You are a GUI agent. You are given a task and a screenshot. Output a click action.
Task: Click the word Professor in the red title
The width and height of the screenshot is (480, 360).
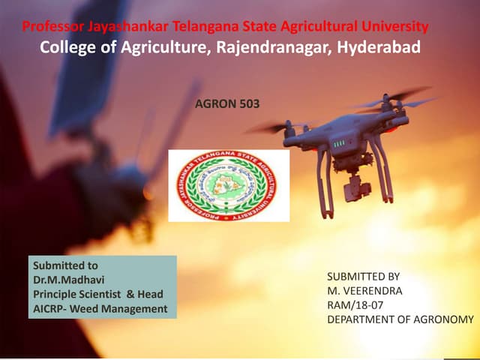(x=53, y=28)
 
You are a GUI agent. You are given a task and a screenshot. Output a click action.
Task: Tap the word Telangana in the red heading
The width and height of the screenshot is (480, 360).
(x=202, y=28)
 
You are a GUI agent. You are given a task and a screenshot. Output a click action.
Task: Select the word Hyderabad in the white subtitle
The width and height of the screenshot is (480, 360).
(x=379, y=47)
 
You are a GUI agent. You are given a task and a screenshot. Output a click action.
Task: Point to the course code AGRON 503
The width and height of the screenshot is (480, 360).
(x=226, y=104)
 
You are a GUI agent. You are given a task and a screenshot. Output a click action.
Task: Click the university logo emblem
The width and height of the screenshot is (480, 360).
(x=229, y=185)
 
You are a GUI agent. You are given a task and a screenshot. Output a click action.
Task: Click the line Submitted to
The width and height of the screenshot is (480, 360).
(x=65, y=265)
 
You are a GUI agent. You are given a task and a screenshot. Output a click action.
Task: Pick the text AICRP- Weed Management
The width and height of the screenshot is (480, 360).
(x=100, y=308)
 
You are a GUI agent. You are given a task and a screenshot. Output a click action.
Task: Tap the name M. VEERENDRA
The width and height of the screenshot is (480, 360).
(x=364, y=291)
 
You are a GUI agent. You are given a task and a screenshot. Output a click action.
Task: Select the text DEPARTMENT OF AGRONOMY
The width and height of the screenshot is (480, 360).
(x=400, y=319)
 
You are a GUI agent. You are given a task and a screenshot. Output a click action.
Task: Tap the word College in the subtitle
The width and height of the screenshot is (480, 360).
(x=69, y=47)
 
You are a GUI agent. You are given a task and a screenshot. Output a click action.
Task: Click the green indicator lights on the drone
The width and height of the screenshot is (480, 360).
(x=339, y=142)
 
